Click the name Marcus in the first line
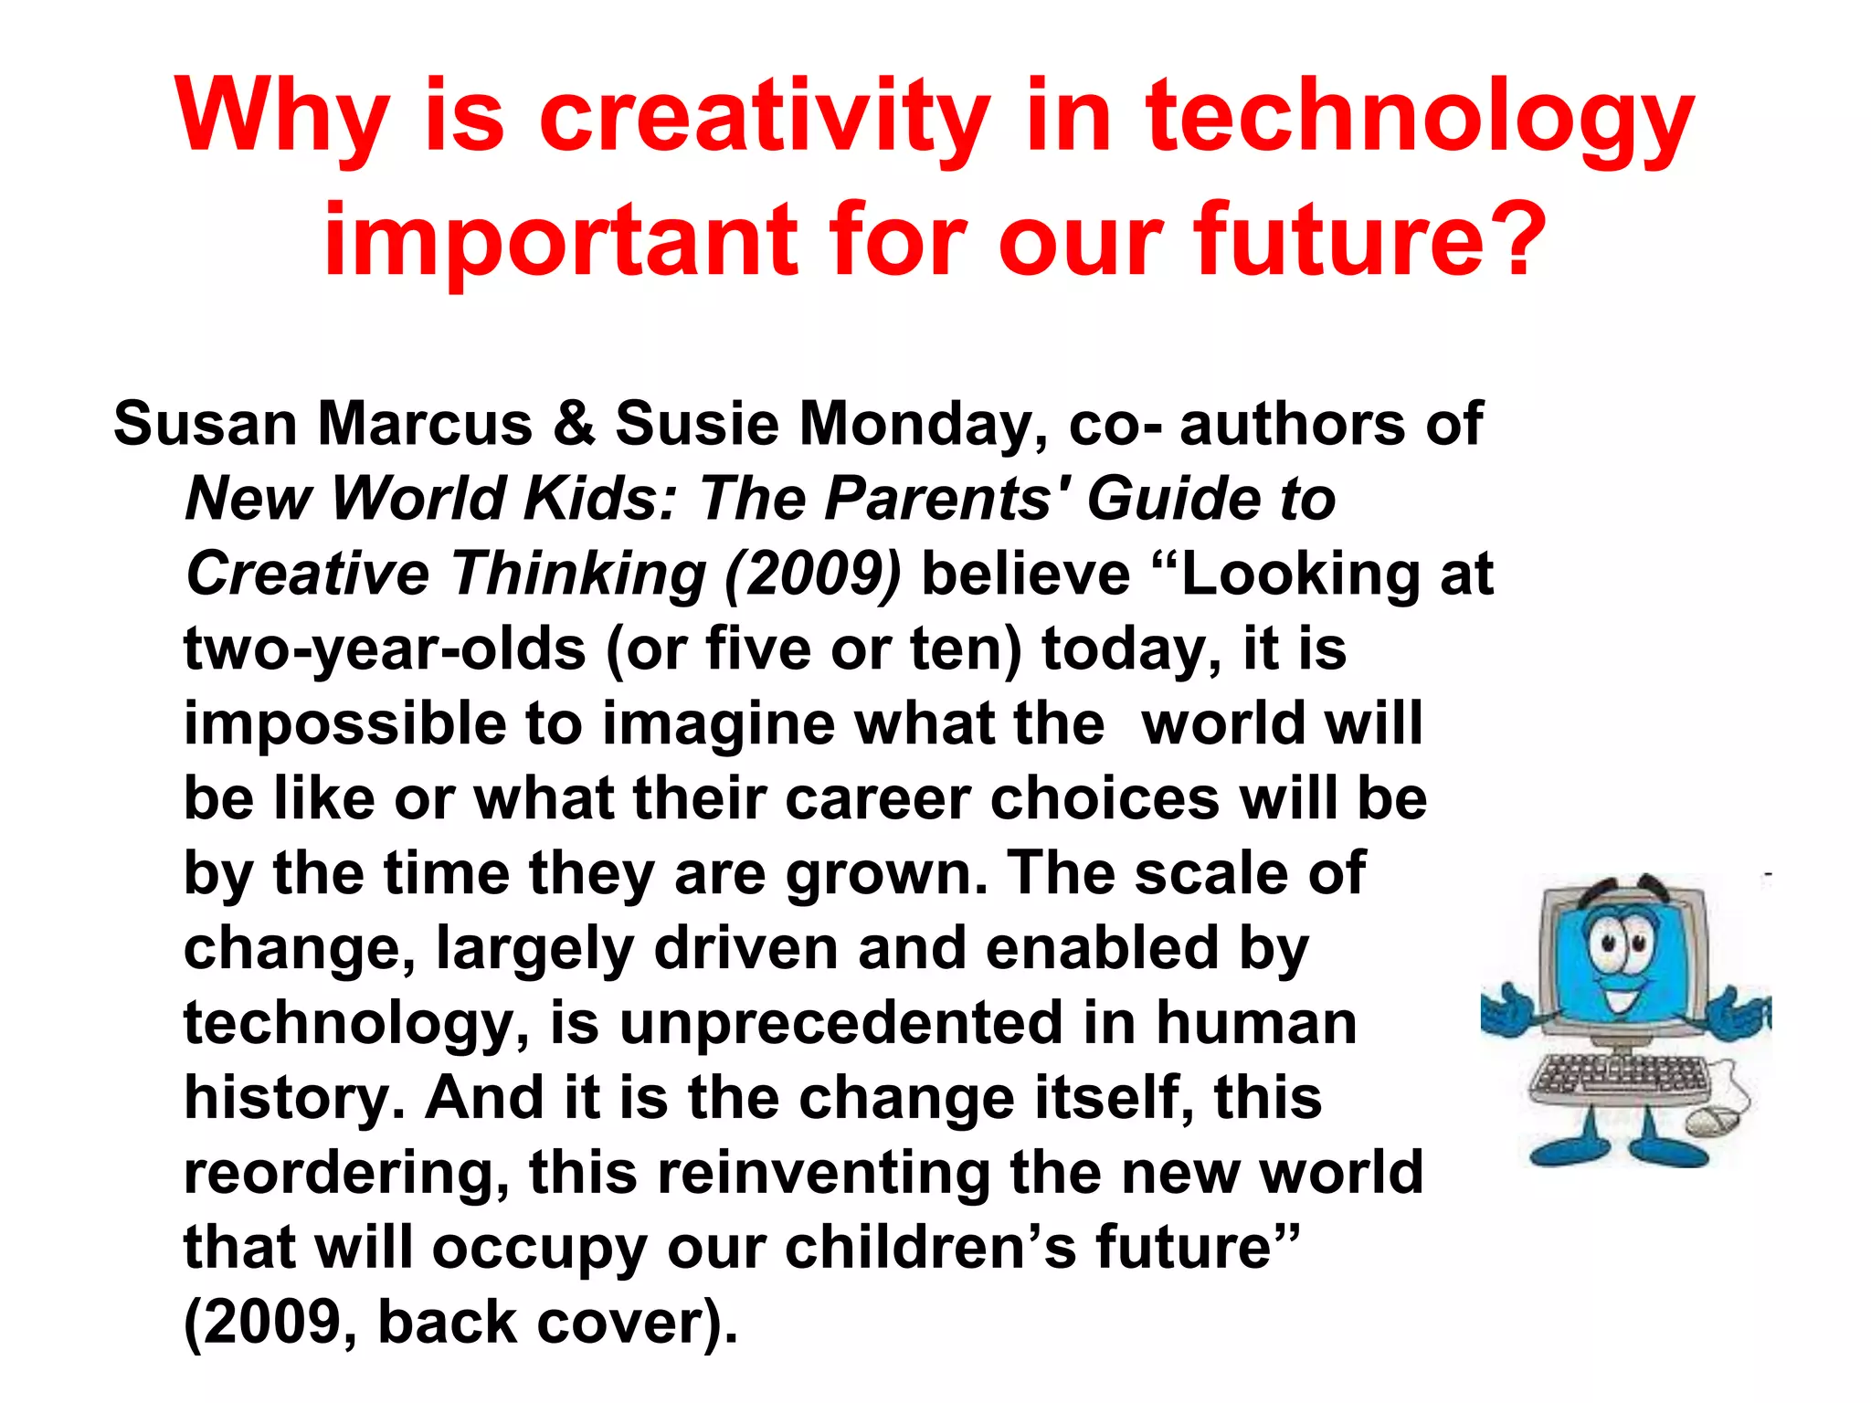(x=424, y=425)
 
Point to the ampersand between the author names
(x=574, y=425)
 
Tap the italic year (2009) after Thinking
(x=812, y=575)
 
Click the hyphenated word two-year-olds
(x=385, y=650)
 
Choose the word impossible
(x=344, y=725)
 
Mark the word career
(x=877, y=799)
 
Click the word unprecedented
(x=840, y=1024)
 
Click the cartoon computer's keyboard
(x=1618, y=1078)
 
